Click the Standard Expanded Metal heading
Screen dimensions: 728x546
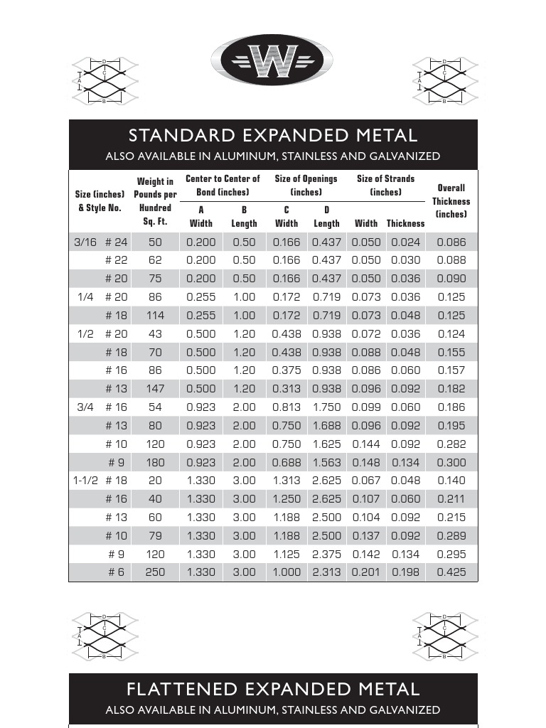point(273,135)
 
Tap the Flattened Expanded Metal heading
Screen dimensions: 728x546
point(273,689)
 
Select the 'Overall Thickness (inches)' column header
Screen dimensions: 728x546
point(451,200)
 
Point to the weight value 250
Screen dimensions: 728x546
point(155,572)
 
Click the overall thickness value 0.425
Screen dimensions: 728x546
point(451,572)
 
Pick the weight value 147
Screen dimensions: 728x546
point(155,389)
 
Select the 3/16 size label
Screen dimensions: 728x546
point(85,242)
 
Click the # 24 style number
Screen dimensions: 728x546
point(117,242)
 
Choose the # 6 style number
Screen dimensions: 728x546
point(117,572)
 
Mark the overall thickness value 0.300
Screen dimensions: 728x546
point(451,462)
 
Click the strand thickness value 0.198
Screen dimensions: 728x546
point(406,572)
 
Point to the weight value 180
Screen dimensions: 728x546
point(155,462)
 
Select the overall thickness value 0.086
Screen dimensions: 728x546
point(451,242)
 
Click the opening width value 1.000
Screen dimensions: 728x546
point(287,572)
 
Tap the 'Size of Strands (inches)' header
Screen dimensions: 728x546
point(385,186)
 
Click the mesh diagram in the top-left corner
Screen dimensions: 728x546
point(105,81)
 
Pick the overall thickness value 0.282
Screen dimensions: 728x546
point(451,444)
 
